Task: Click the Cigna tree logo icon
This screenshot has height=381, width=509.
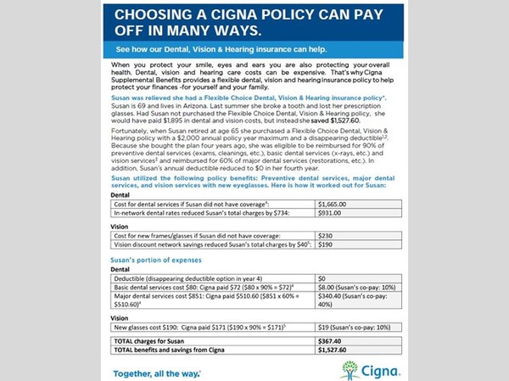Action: tap(350, 368)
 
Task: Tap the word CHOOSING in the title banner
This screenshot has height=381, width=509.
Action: tap(160, 15)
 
